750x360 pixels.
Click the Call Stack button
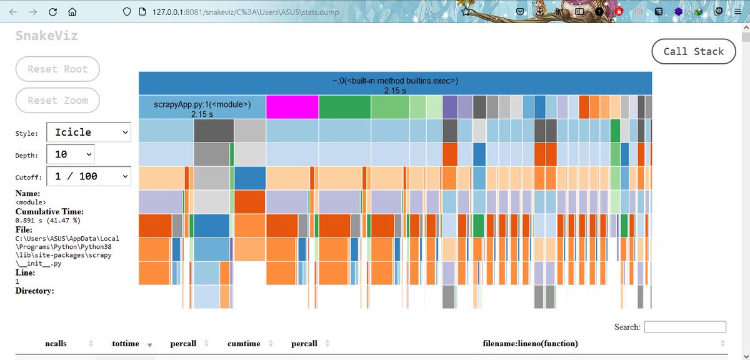(694, 52)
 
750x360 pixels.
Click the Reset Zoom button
(57, 100)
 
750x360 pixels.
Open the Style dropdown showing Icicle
(88, 132)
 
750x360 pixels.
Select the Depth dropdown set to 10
(70, 154)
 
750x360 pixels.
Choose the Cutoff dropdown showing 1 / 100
(88, 176)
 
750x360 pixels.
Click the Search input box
(685, 327)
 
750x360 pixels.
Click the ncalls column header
(56, 344)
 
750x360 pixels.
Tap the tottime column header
(126, 344)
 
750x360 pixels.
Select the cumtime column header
(244, 344)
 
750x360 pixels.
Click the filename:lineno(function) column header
(530, 344)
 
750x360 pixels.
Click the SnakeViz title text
(47, 36)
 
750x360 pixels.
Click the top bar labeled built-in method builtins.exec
(395, 83)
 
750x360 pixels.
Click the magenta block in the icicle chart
(292, 107)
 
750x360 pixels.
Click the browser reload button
(53, 12)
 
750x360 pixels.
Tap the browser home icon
(72, 12)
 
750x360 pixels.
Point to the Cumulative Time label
(49, 212)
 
